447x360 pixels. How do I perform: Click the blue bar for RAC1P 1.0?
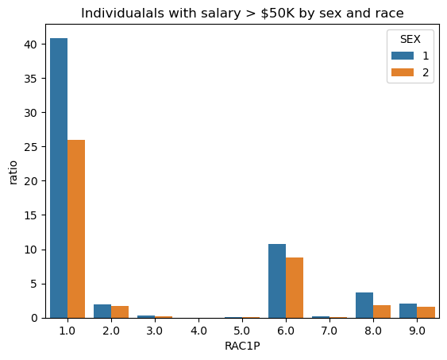point(59,178)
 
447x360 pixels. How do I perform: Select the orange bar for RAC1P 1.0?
point(76,229)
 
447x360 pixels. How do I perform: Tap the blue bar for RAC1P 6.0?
point(277,281)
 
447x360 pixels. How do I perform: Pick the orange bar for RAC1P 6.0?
point(295,288)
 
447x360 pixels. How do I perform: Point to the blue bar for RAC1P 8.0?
point(364,305)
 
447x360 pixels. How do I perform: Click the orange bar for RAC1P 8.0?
point(382,312)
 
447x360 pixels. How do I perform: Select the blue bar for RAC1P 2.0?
point(102,312)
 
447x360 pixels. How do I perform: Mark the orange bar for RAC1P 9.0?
point(426,312)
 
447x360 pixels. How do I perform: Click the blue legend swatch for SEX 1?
point(403,56)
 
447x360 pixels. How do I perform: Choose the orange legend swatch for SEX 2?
point(403,72)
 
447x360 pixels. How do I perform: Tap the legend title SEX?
point(410,40)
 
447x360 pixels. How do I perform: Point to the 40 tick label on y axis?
point(31,45)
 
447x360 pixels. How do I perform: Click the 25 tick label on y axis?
point(31,147)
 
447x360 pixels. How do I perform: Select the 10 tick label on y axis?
point(31,250)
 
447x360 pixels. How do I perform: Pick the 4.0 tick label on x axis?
point(198,331)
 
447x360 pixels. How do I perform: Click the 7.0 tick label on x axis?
point(329,331)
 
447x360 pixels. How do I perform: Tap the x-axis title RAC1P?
point(242,346)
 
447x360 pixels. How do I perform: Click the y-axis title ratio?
point(13,172)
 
